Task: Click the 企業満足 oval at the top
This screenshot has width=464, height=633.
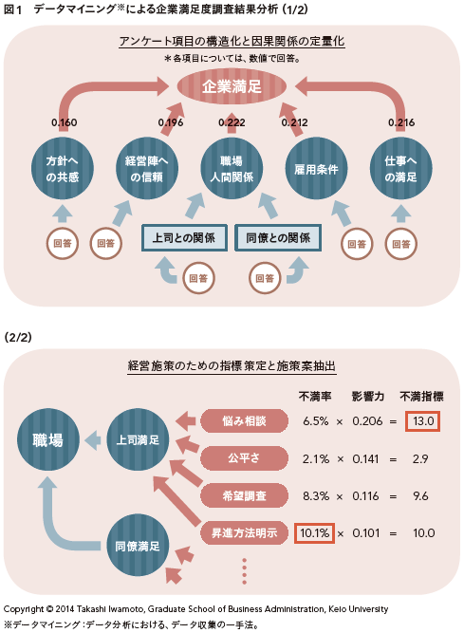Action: tap(232, 86)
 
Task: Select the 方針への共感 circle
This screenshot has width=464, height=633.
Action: tap(63, 168)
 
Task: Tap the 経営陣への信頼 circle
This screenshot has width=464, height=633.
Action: tap(147, 168)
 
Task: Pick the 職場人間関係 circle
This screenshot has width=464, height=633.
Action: tap(232, 168)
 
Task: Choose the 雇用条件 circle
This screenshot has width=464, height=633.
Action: tap(316, 168)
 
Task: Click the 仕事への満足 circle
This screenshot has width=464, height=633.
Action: tap(401, 168)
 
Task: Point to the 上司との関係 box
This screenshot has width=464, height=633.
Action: tap(184, 238)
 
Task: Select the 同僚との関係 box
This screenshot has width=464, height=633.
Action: tap(278, 238)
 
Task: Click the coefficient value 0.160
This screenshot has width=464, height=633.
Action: tap(65, 122)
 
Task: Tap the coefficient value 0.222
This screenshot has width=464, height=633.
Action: tap(232, 122)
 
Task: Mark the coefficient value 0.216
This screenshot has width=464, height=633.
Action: tap(401, 122)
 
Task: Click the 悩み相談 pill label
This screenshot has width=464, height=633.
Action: tap(245, 421)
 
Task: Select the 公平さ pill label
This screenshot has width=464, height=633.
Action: tap(245, 458)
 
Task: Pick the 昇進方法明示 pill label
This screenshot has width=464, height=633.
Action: tap(245, 533)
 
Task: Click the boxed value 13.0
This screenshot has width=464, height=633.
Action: tap(423, 421)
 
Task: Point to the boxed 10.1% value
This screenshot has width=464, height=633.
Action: tap(315, 533)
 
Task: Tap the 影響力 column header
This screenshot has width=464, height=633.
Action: tap(367, 397)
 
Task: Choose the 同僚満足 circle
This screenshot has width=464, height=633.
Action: tap(138, 546)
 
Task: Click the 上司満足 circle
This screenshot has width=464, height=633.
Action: tap(138, 439)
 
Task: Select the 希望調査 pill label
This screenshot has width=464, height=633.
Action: tap(245, 495)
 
